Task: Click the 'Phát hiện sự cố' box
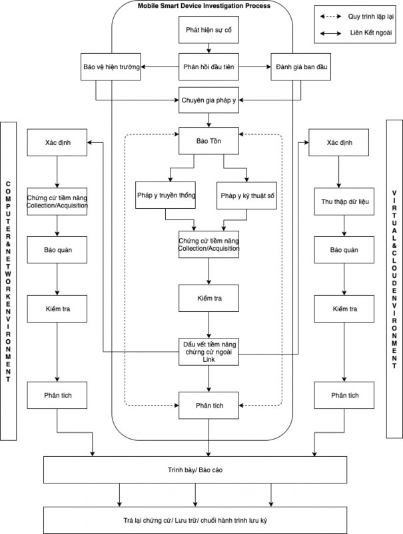point(208,31)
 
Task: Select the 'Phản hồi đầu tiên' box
point(208,67)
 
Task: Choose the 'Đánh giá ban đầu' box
point(300,67)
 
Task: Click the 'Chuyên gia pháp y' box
point(208,100)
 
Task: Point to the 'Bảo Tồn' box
point(208,141)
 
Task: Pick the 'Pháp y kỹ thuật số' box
point(246,196)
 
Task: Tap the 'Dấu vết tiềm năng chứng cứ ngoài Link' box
point(208,352)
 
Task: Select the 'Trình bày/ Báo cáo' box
point(204,470)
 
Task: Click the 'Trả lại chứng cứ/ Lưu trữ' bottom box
point(204,519)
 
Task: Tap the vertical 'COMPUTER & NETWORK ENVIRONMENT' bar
point(9,280)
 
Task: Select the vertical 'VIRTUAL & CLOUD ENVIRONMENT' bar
point(394,280)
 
